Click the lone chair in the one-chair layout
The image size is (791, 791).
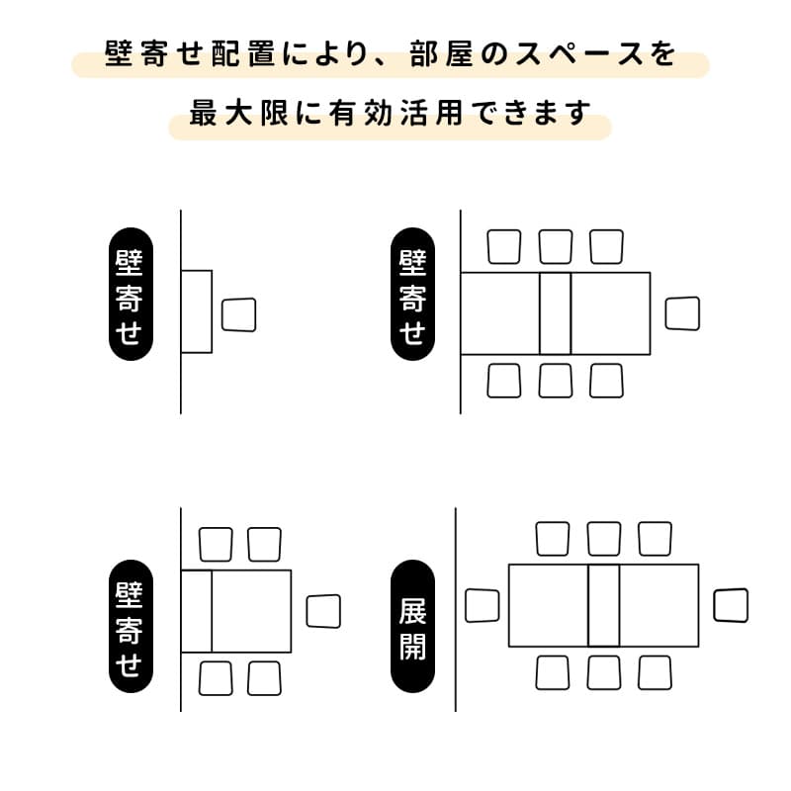(x=239, y=315)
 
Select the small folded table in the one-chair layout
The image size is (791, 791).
(x=197, y=311)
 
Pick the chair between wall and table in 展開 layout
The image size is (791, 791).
(x=483, y=605)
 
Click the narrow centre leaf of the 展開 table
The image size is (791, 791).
(x=603, y=605)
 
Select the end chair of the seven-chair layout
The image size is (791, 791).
(x=681, y=313)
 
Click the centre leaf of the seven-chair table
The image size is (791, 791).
(x=555, y=313)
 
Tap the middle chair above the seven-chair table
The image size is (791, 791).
(x=555, y=246)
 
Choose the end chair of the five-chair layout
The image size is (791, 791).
(x=323, y=610)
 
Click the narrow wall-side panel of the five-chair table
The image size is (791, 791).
(x=197, y=610)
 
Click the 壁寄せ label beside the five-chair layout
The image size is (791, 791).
(x=130, y=626)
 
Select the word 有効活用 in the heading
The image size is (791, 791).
(x=386, y=113)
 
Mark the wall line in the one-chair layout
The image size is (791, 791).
(x=181, y=386)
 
